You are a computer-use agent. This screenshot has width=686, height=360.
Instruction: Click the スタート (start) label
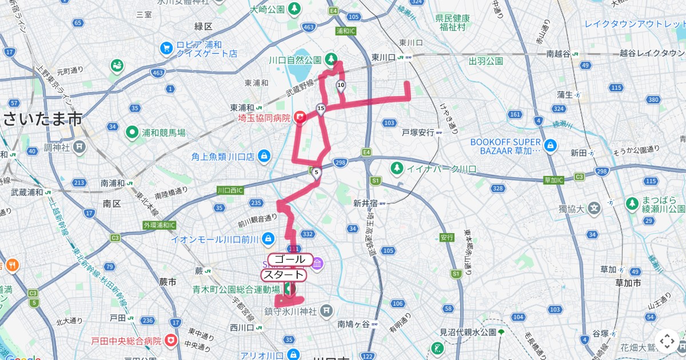coord(284,275)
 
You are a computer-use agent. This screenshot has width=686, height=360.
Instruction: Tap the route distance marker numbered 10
coord(341,86)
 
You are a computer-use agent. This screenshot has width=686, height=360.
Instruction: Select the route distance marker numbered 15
coord(321,109)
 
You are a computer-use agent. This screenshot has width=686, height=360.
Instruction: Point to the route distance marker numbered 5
coord(316,172)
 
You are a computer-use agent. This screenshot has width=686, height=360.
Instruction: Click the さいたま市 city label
coord(42,119)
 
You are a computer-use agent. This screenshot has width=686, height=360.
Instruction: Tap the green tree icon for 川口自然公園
coord(331,59)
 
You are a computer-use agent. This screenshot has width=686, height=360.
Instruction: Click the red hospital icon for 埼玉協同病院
coord(300,118)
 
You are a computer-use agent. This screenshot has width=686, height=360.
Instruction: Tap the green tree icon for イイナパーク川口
coord(396,168)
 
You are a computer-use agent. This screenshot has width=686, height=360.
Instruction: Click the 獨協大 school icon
coord(594,209)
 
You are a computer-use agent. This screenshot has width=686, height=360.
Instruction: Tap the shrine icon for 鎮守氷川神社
coord(326,310)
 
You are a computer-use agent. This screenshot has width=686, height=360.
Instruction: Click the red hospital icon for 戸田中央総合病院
coord(170,341)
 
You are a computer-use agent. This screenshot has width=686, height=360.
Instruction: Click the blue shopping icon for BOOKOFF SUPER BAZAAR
coord(550,145)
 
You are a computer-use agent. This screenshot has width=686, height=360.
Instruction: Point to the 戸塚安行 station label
coord(418,132)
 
